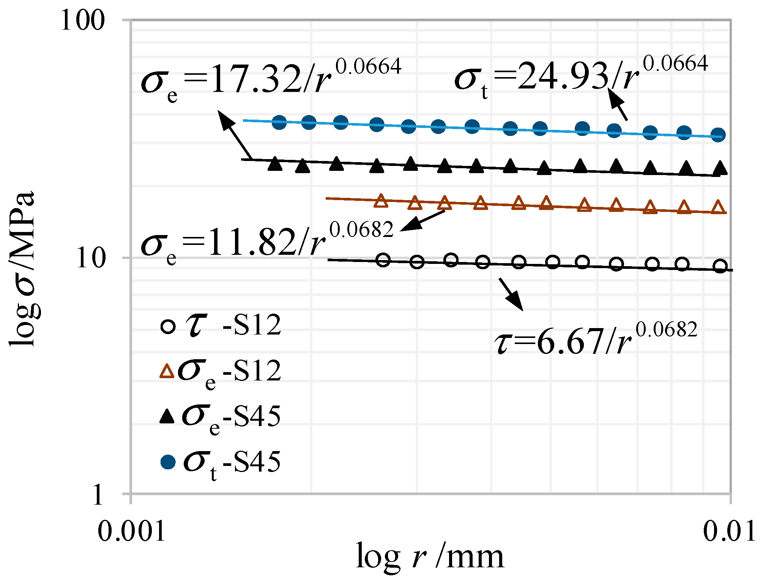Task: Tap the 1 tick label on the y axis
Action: [x=98, y=495]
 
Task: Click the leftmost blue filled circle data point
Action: [x=279, y=122]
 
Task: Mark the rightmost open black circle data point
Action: [x=720, y=266]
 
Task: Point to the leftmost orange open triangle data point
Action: [x=381, y=201]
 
